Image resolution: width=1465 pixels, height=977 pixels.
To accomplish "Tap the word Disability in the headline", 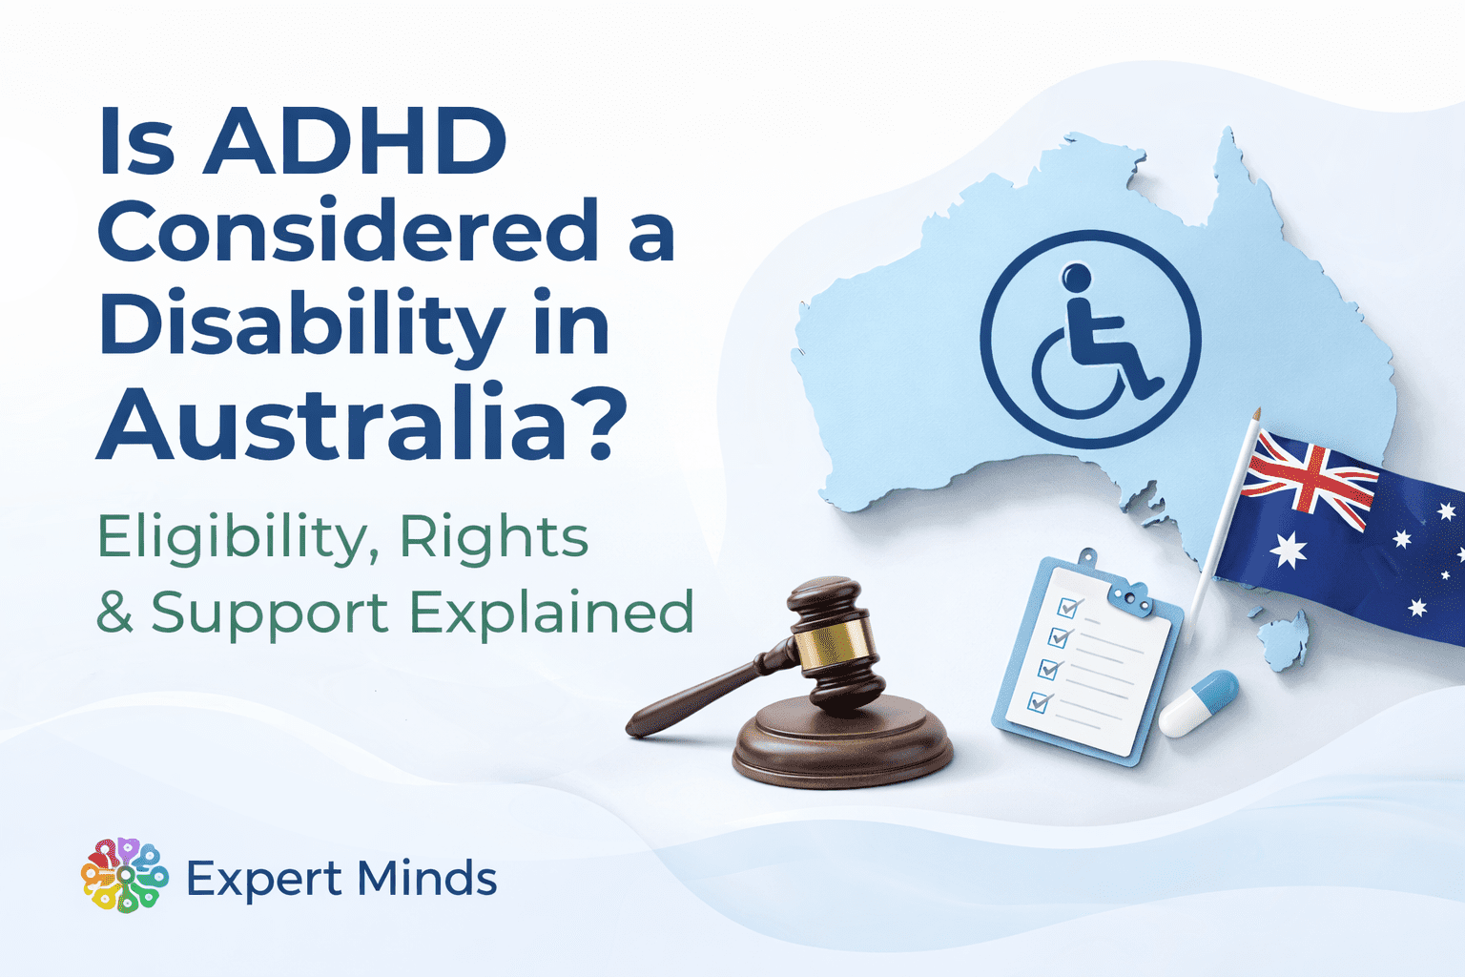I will coord(301,324).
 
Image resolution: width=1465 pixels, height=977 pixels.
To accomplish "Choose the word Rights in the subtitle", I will coord(494,538).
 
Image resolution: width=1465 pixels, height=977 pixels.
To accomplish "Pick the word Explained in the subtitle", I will coord(553,613).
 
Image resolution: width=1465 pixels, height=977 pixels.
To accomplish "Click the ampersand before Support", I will coord(114,613).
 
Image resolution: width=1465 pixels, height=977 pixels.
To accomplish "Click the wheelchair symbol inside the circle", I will coord(1093,343).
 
